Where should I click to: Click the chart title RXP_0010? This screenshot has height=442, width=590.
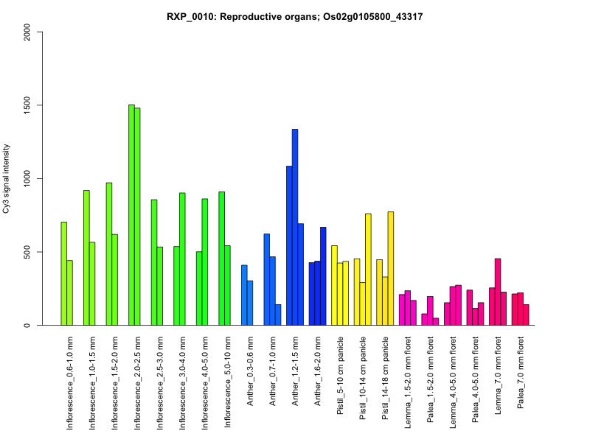(294, 16)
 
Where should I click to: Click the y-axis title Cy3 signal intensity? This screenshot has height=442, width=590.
(7, 178)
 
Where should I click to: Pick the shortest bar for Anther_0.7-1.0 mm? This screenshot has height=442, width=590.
(278, 315)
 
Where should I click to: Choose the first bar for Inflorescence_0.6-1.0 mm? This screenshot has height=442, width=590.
(64, 273)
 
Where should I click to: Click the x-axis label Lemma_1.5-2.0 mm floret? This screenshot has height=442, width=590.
(409, 376)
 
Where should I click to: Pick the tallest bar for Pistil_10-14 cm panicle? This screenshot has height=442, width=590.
(368, 270)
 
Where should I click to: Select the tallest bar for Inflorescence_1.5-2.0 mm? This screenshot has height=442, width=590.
(109, 254)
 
